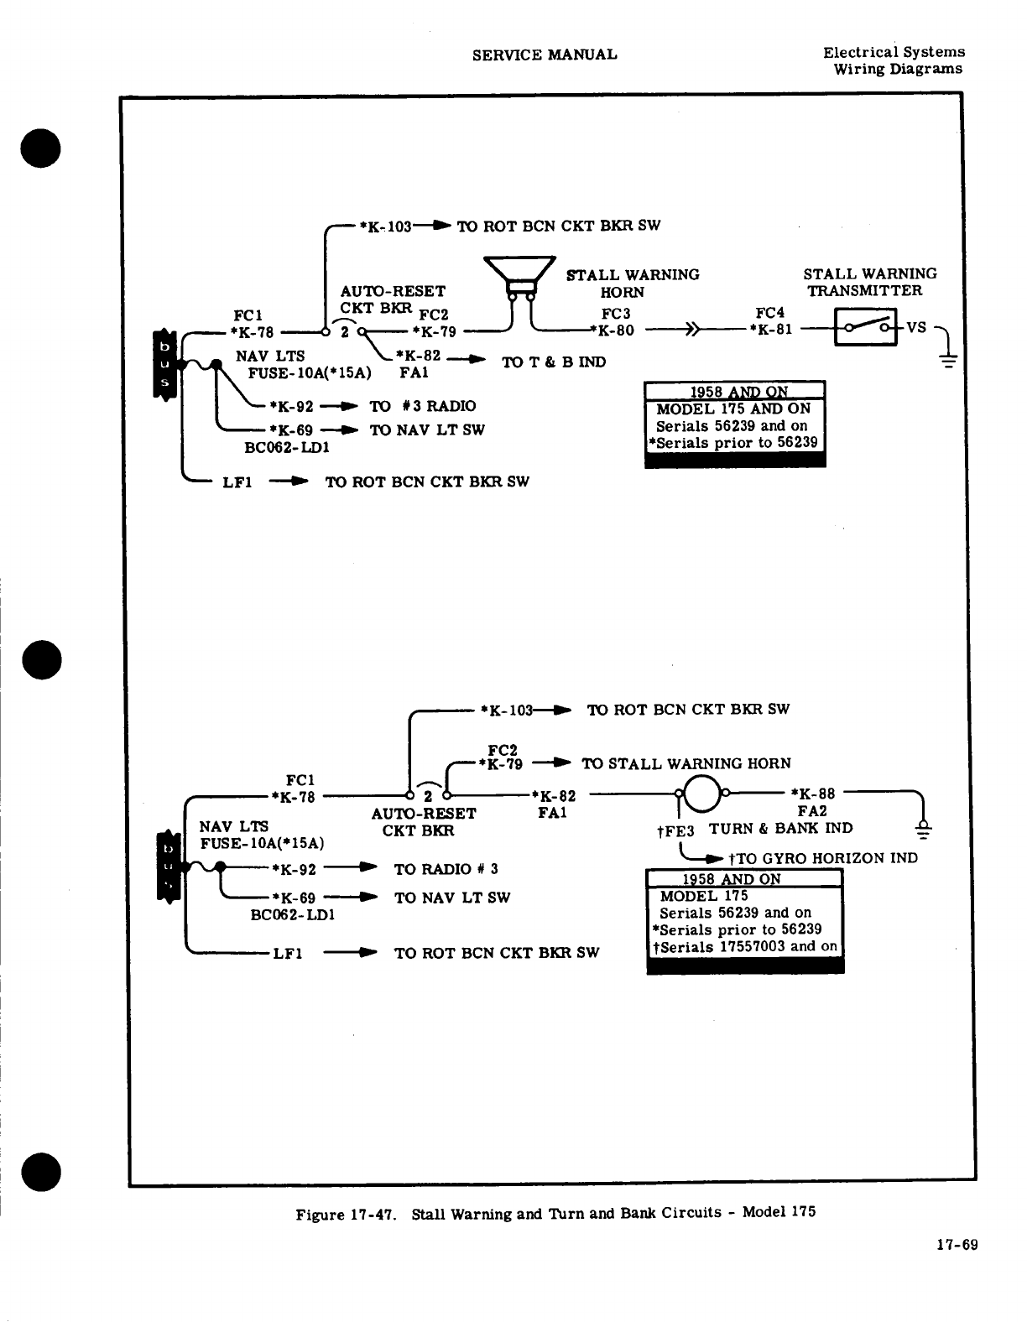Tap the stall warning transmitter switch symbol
[865, 327]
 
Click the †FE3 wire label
[675, 830]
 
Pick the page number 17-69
[957, 1245]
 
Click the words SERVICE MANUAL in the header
[545, 55]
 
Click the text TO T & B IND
[553, 362]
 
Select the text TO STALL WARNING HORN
[686, 763]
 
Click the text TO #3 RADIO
[422, 406]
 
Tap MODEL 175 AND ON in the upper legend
[732, 409]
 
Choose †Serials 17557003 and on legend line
[744, 946]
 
